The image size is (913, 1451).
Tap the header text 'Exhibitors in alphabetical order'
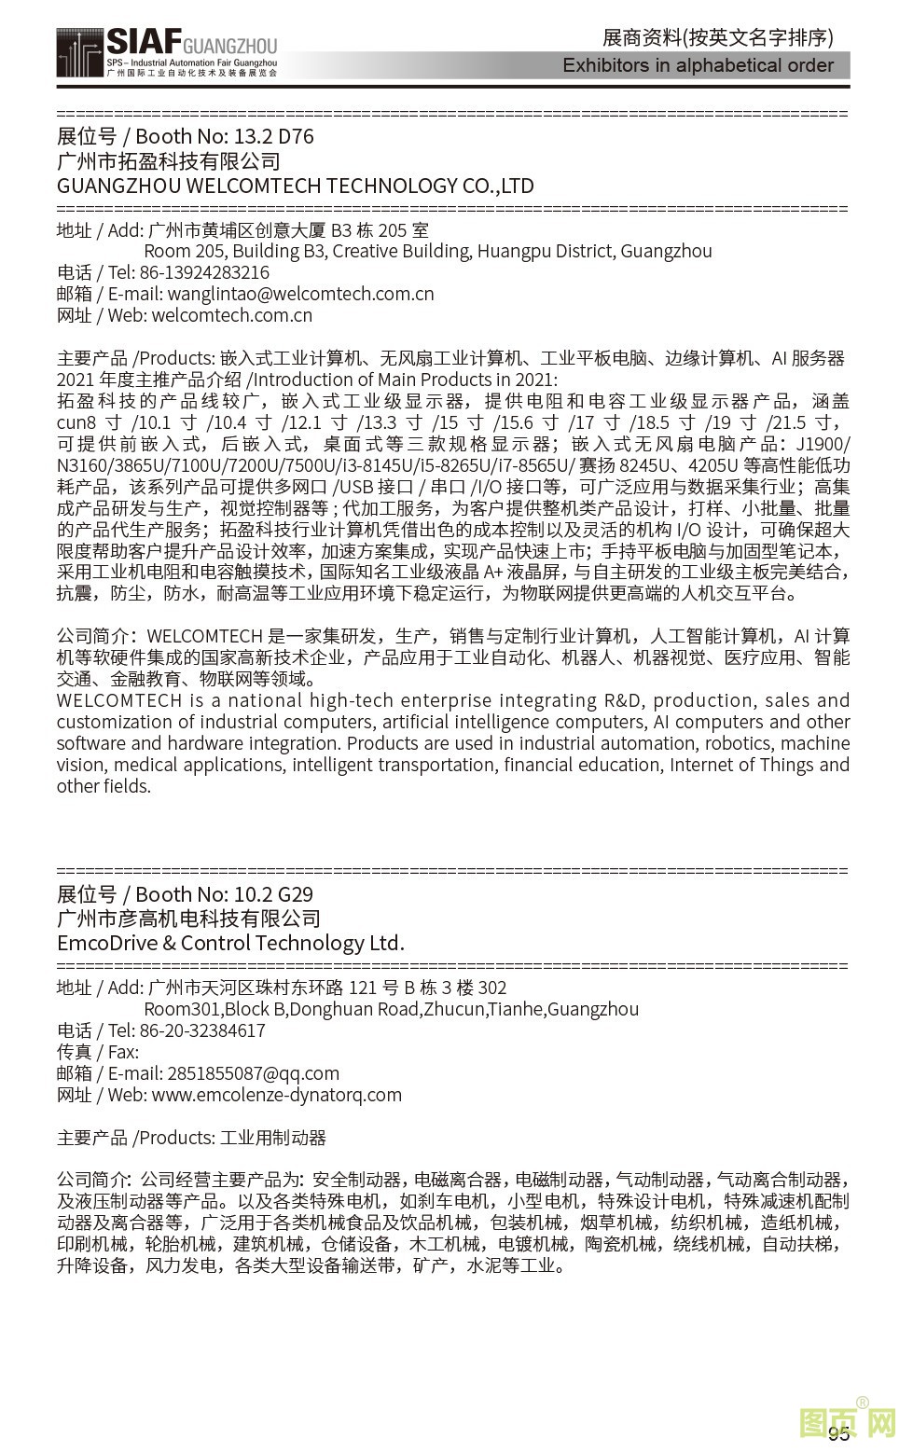point(698,65)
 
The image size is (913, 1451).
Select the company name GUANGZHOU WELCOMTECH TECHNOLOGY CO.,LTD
point(295,186)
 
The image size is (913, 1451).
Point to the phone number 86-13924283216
point(204,272)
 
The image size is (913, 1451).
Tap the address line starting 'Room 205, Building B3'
point(427,251)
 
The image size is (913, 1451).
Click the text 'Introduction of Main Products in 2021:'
point(406,380)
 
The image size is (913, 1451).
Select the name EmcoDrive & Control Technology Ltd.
point(230,943)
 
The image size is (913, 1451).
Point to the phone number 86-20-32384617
point(202,1030)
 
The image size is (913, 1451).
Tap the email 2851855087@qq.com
point(253,1073)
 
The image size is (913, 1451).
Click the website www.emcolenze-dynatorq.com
point(276,1095)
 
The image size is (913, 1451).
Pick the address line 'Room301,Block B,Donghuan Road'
point(391,1009)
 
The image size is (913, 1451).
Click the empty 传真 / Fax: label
point(97,1052)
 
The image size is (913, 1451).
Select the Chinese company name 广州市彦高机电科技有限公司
point(188,919)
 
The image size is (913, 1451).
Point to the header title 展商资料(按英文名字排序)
point(717,38)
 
